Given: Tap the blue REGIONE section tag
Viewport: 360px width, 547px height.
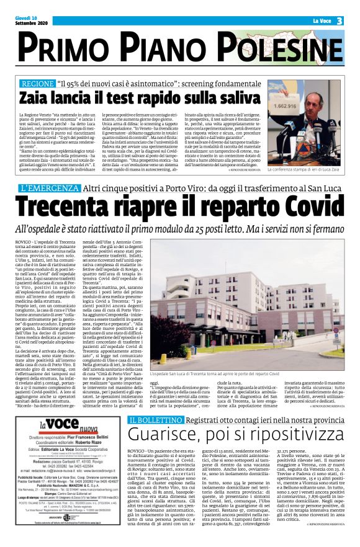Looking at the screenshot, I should point(37,83).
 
